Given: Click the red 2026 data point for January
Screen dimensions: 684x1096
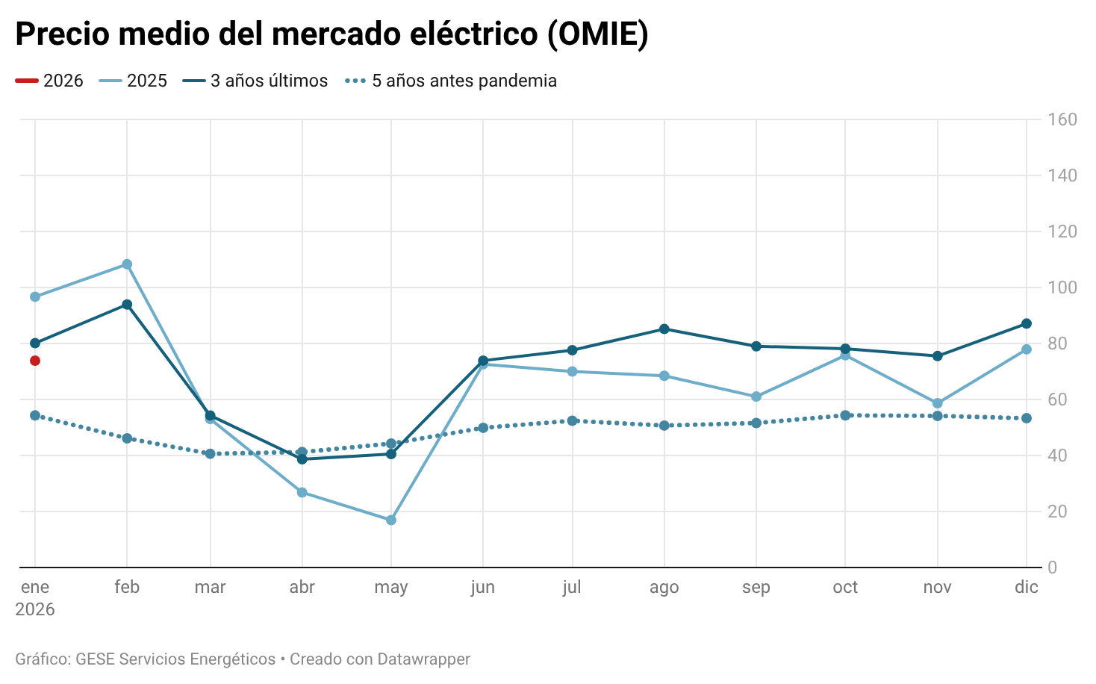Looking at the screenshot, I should tap(35, 361).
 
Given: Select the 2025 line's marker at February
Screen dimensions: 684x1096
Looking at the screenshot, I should tap(127, 264).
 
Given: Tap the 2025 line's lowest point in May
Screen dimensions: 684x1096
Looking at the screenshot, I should tap(391, 520).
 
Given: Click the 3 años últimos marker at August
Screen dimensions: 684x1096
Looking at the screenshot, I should tap(664, 329).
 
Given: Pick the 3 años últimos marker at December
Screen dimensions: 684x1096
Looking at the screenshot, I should tap(1027, 323).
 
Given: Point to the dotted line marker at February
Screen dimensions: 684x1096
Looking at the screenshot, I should tap(127, 438).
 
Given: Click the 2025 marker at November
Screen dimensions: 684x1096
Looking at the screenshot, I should tap(938, 403).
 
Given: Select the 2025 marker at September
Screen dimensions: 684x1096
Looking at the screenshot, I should tap(756, 397).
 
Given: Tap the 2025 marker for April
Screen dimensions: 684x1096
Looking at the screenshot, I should tap(302, 492).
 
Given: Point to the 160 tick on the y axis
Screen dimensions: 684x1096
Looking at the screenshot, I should tap(1062, 119).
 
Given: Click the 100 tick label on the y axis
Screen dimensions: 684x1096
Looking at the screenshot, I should tap(1062, 287).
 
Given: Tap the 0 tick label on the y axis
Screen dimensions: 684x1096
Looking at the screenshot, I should tap(1053, 568).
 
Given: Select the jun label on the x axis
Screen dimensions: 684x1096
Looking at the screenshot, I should tap(483, 587).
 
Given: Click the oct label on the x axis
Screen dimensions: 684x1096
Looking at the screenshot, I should tap(845, 587).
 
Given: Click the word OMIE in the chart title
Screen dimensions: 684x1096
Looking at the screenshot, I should tap(597, 34).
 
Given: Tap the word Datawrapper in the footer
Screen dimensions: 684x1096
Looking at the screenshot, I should tap(424, 659).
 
